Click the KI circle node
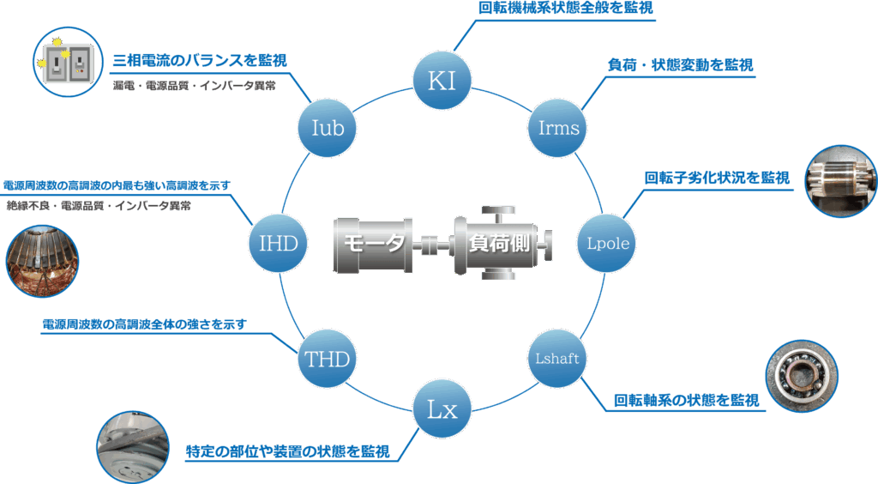tap(442, 81)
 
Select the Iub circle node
tap(327, 128)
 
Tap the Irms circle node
tap(557, 128)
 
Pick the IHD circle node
tap(279, 243)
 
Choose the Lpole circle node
tap(607, 243)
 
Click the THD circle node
tap(327, 359)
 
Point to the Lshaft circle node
tap(557, 359)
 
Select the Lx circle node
tap(442, 409)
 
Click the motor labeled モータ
tap(373, 245)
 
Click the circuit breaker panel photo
tap(69, 62)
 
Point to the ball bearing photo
tap(802, 375)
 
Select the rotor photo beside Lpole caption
tap(841, 181)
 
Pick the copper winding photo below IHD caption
tap(42, 261)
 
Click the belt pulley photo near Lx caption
tap(133, 446)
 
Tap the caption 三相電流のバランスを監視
tap(200, 60)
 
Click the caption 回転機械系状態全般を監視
tap(566, 8)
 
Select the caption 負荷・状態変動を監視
tap(680, 65)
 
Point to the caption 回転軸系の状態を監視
tap(687, 400)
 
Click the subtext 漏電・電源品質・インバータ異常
tap(195, 86)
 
